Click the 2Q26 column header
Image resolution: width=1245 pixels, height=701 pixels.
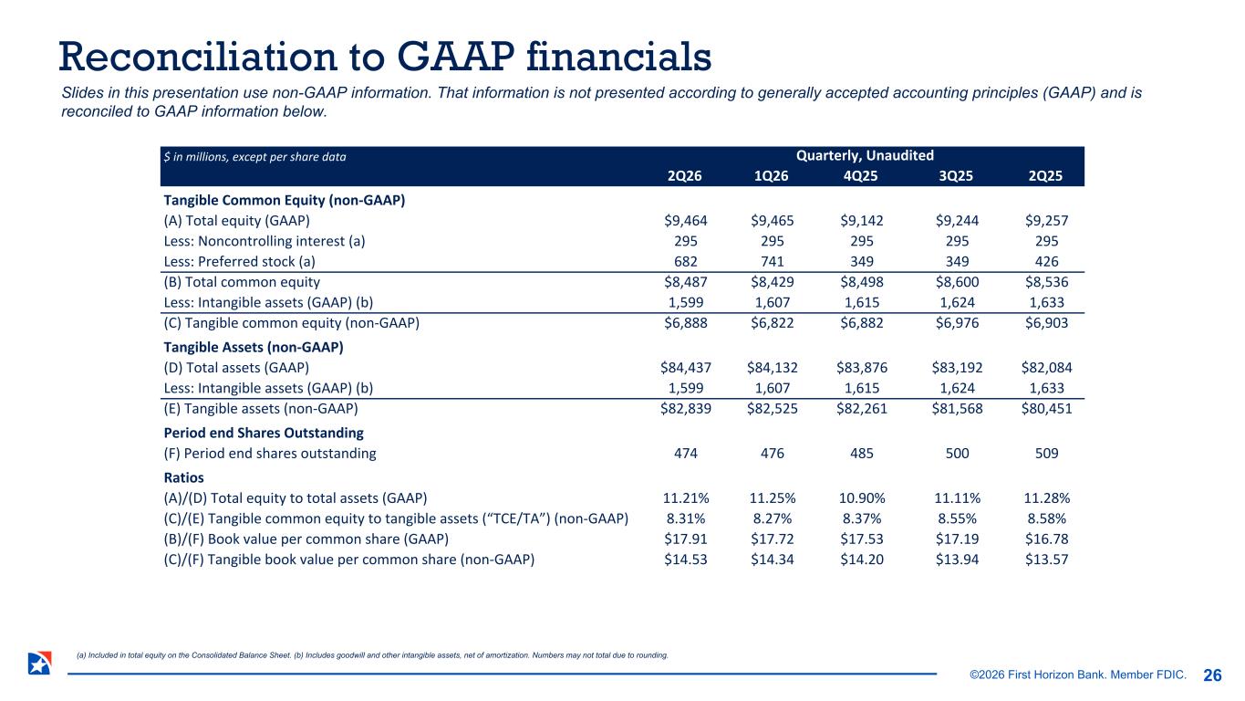coord(684,176)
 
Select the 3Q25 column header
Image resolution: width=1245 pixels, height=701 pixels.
coord(956,176)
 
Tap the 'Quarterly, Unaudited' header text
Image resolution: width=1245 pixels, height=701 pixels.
coord(865,155)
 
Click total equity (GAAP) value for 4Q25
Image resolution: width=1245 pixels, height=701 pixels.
coord(862,221)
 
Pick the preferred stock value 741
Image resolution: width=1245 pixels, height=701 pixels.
coord(772,261)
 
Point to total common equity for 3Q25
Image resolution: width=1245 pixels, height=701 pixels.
coord(957,282)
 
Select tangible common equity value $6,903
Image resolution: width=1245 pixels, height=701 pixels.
coord(1046,323)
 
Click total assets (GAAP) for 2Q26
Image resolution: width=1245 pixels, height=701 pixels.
coord(686,368)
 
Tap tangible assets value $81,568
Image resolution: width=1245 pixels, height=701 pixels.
coord(957,408)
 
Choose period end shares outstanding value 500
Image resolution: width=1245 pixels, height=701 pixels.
coord(957,454)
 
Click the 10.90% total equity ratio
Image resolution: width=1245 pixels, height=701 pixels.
coord(862,498)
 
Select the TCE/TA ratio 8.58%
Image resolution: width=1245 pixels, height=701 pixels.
coord(1046,518)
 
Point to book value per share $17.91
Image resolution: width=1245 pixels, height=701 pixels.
coord(686,539)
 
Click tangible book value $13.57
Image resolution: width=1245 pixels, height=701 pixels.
coord(1046,560)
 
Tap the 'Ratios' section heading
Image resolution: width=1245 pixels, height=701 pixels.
coord(183,478)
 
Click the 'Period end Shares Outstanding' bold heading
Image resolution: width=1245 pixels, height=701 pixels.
coord(264,433)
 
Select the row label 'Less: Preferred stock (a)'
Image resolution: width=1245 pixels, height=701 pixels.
coord(240,261)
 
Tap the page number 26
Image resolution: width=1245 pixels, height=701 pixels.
coord(1212,675)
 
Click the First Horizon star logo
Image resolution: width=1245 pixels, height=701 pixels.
coord(40,664)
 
